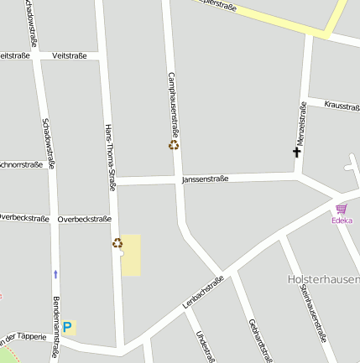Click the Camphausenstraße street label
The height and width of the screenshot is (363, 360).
pyautogui.click(x=175, y=104)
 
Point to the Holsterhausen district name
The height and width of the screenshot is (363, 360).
pyautogui.click(x=324, y=279)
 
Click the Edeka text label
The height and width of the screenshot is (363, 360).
pyautogui.click(x=342, y=220)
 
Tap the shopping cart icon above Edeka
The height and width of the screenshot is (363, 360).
pyautogui.click(x=342, y=209)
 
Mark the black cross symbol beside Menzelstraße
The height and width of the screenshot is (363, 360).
pyautogui.click(x=296, y=153)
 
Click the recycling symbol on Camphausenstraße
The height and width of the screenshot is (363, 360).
pyautogui.click(x=174, y=145)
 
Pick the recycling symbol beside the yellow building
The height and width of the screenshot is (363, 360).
pyautogui.click(x=117, y=243)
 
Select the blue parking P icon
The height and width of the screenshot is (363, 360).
pyautogui.click(x=68, y=327)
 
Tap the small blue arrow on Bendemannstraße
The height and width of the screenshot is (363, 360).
pyautogui.click(x=56, y=273)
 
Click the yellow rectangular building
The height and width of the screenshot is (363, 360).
pyautogui.click(x=132, y=256)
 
